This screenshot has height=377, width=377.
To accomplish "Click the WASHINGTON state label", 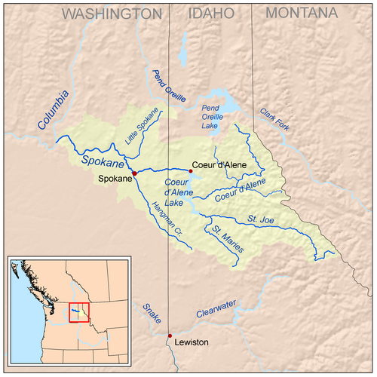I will (x=112, y=14).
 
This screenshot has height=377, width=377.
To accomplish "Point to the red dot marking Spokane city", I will (x=135, y=173).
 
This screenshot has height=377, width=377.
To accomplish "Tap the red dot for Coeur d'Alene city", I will (x=191, y=171).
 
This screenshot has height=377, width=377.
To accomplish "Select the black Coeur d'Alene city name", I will (x=219, y=164).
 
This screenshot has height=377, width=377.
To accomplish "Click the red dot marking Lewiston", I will (x=170, y=336).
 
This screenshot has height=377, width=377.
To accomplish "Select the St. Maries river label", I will (x=226, y=236).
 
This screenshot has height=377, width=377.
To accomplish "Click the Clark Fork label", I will (x=274, y=118).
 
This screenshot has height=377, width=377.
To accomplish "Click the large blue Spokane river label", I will (x=101, y=159).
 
